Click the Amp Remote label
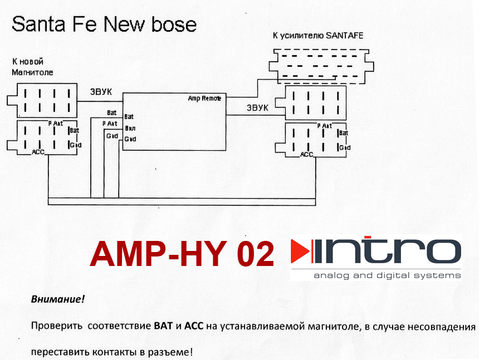204,98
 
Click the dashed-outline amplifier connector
319,66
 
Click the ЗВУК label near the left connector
101,91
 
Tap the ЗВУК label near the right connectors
258,107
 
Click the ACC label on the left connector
38,152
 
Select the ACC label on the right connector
307,155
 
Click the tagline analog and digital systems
387,275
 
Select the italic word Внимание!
58,299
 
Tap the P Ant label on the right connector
325,126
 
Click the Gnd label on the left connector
75,145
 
